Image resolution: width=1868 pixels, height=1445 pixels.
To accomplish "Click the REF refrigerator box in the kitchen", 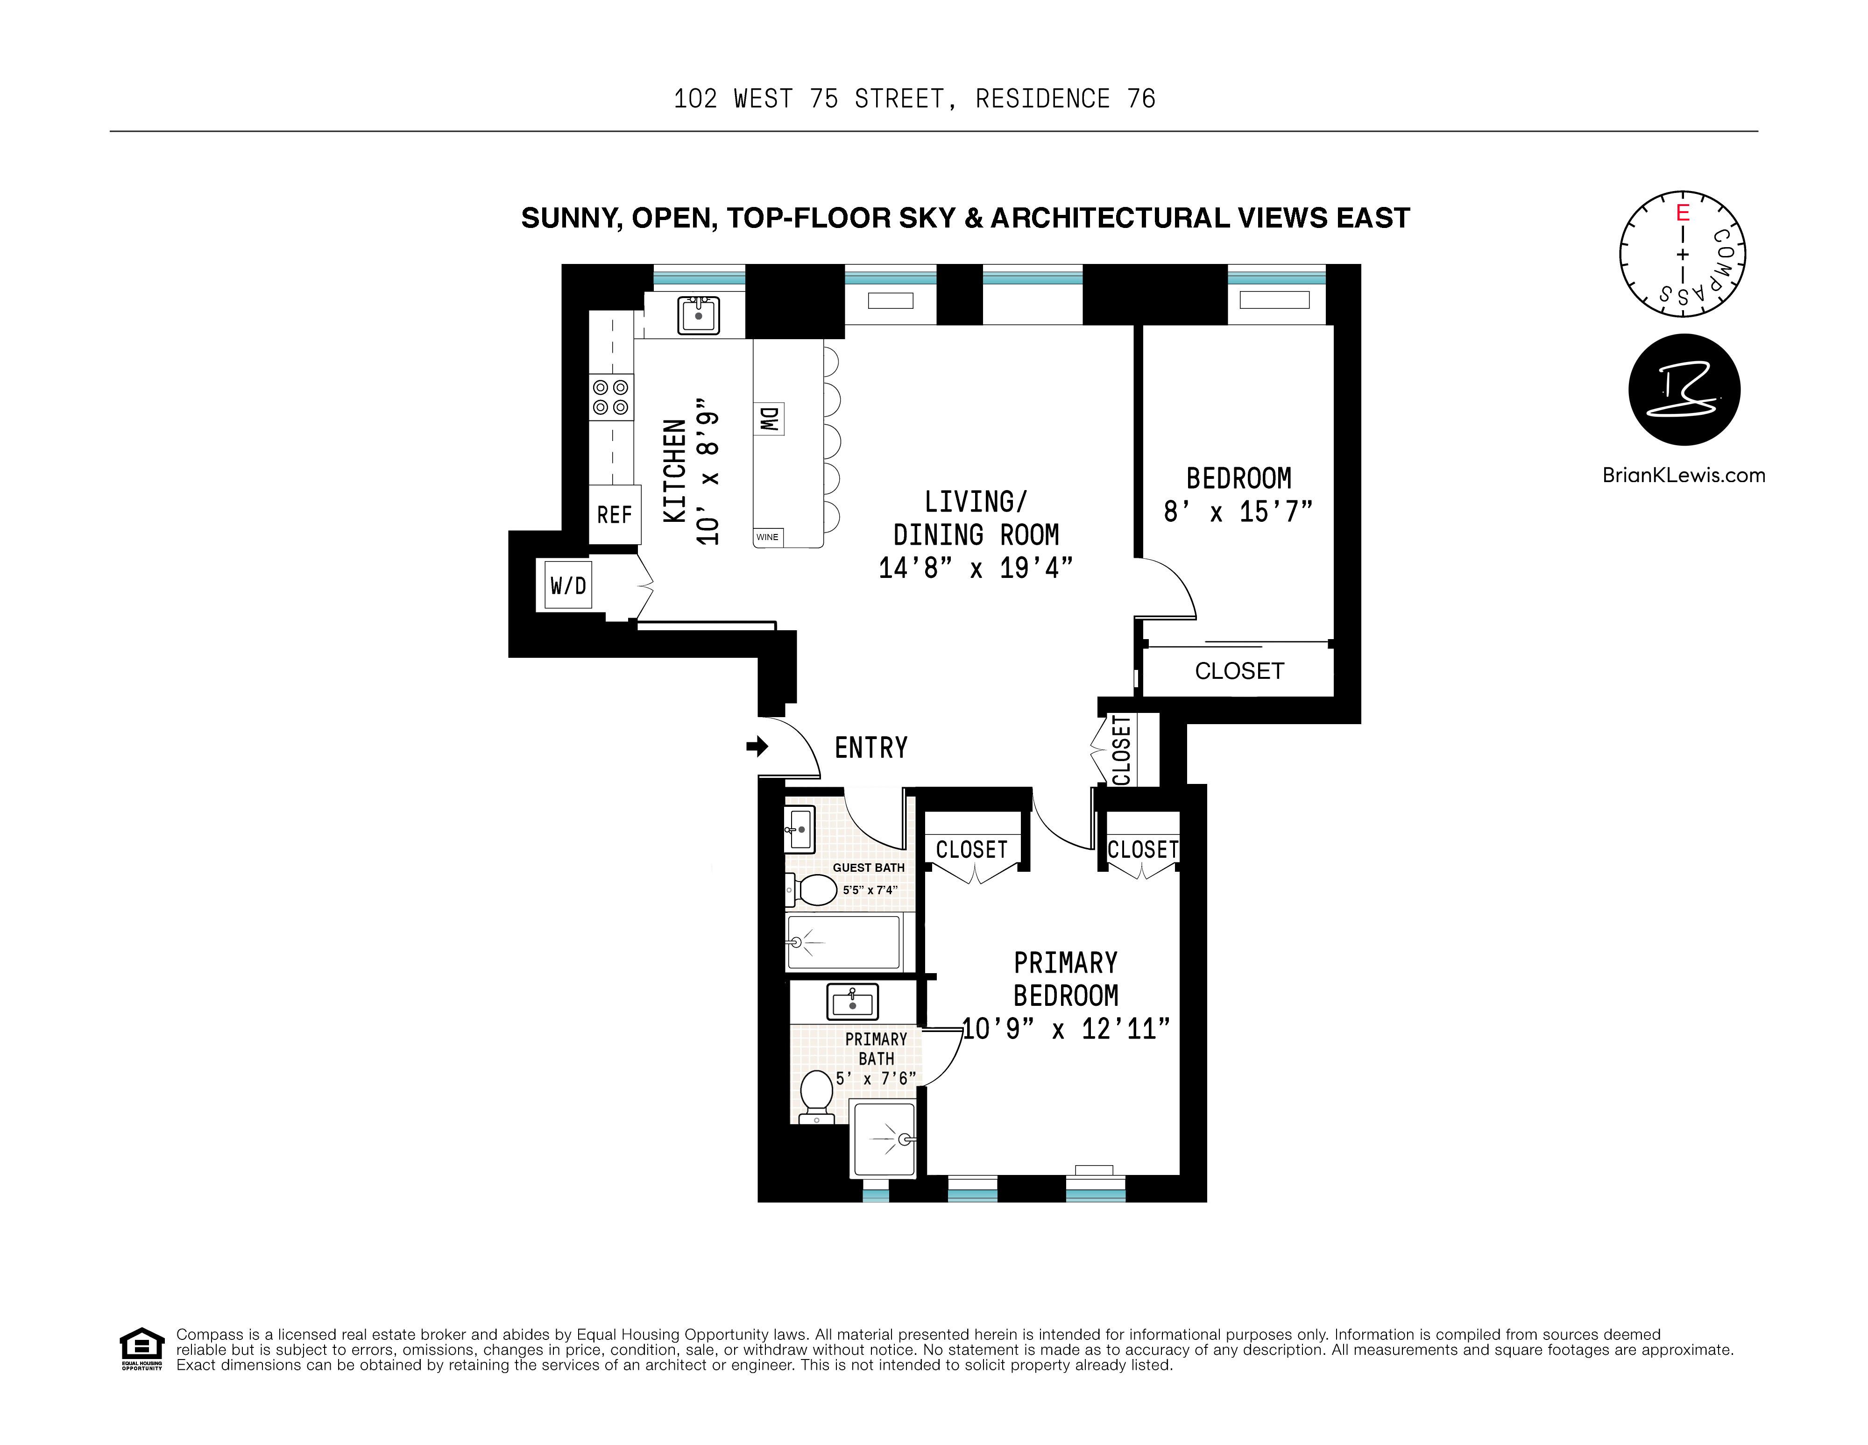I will (614, 515).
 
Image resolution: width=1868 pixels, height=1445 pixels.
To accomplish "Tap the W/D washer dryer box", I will (568, 586).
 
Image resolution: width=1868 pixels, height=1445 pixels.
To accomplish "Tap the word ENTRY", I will (870, 748).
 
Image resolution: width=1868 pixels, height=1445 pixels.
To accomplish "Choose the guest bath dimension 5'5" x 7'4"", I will (870, 890).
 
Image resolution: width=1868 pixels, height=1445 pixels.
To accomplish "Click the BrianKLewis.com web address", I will (1683, 476).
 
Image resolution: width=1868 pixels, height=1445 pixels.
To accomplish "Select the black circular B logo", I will (1683, 390).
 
